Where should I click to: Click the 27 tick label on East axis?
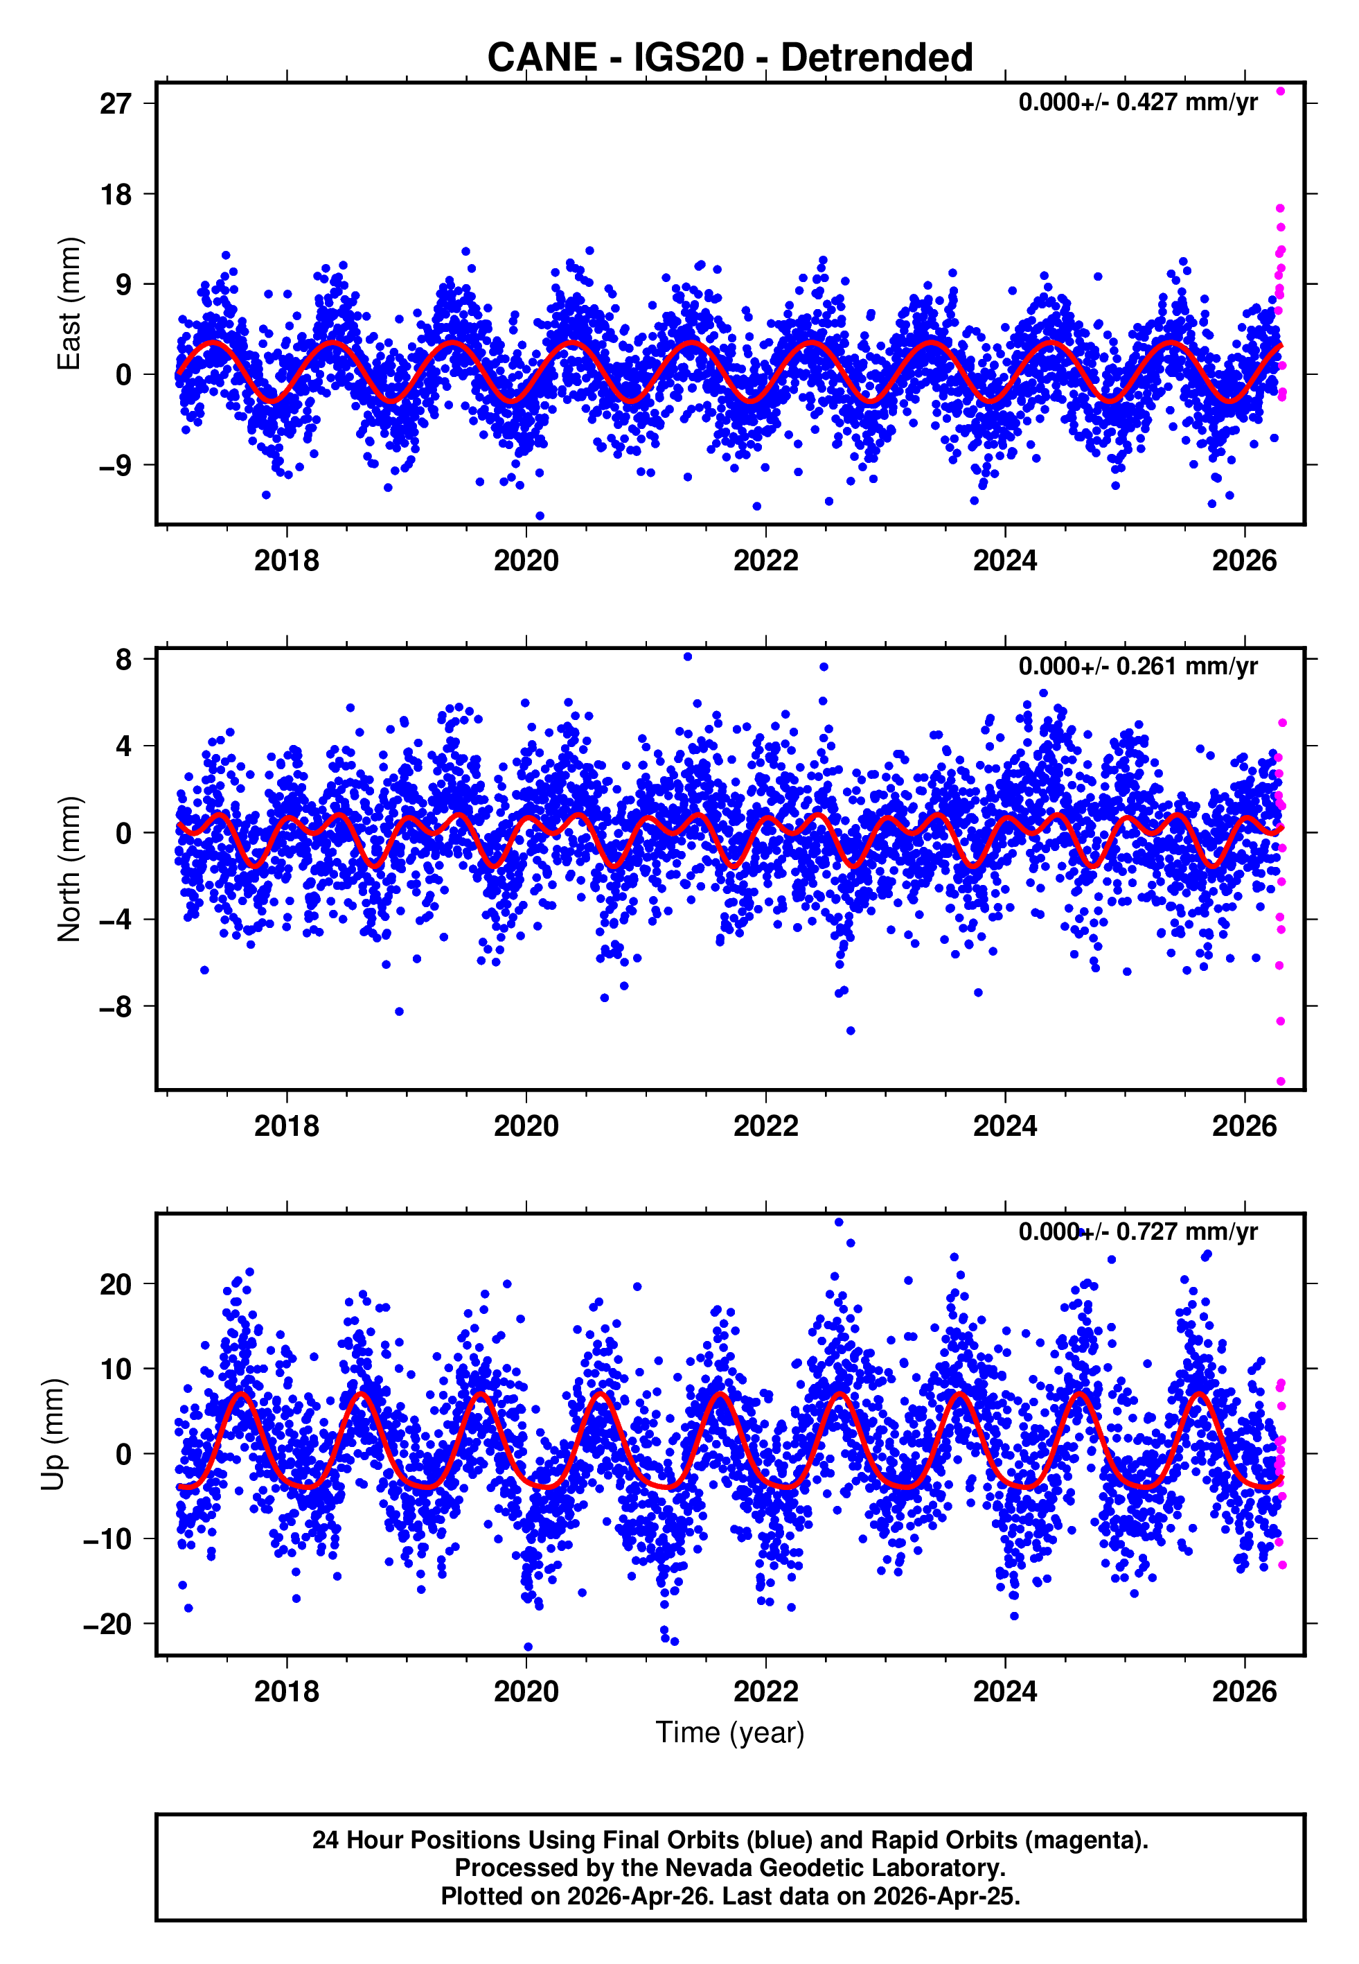coord(116,104)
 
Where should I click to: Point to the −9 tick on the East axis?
coord(116,465)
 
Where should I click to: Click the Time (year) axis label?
coord(730,1733)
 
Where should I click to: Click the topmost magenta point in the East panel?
coord(1280,91)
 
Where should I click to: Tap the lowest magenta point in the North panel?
coord(1280,1082)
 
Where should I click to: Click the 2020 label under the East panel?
coord(526,561)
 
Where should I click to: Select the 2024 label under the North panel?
coord(1005,1126)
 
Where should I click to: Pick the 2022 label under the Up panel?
coord(765,1692)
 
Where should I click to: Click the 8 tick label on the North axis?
coord(124,659)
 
